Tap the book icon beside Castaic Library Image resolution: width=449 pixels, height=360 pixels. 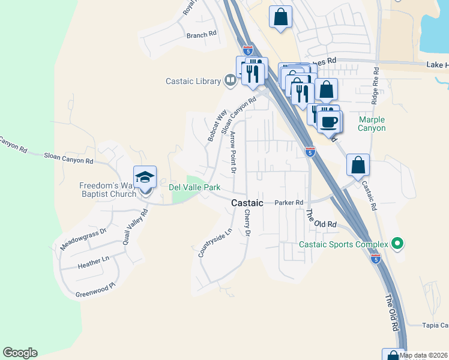(229, 80)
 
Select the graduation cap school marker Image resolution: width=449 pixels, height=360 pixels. (145, 177)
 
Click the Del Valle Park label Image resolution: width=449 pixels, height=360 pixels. (194, 188)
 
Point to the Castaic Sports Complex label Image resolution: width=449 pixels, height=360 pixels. (343, 244)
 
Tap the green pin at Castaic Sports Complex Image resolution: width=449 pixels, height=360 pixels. (396, 244)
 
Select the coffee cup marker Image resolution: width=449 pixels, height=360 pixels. (328, 122)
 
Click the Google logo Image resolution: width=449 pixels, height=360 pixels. (20, 353)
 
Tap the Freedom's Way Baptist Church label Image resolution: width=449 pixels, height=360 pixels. (107, 190)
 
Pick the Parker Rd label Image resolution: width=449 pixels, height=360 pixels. (289, 203)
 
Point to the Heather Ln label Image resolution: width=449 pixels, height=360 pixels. (94, 263)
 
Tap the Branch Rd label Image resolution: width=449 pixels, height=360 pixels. (201, 35)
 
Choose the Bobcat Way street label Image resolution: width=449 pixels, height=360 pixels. (217, 125)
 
